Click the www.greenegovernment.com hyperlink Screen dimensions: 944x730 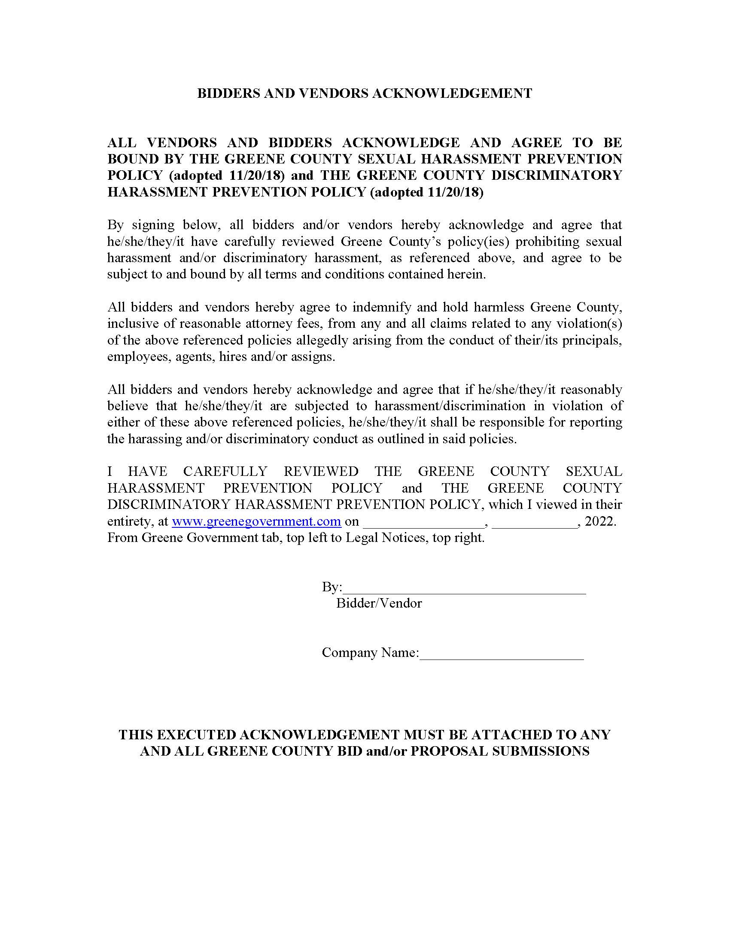[x=256, y=521]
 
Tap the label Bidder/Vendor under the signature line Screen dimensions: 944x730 [x=379, y=603]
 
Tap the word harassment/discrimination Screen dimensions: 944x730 [x=450, y=406]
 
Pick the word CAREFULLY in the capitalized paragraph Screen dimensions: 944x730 [x=225, y=471]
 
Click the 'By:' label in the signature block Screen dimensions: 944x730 [x=332, y=587]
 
